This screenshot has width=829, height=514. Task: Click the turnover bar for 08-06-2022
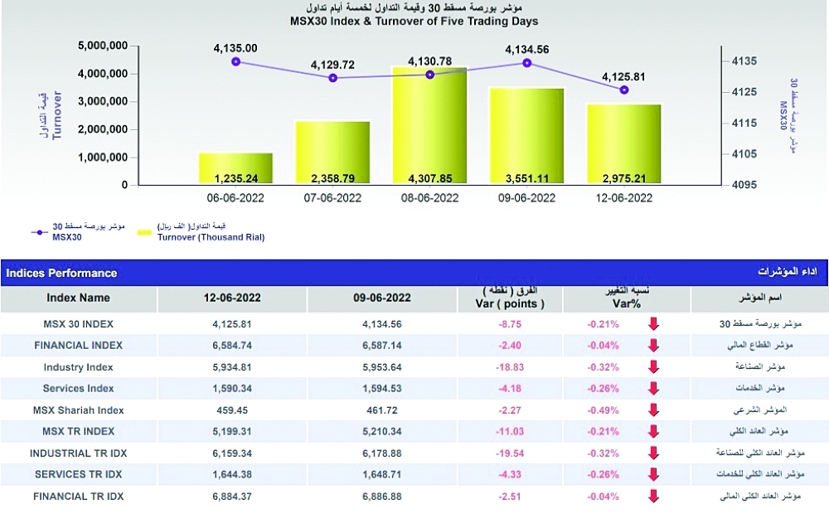(x=429, y=124)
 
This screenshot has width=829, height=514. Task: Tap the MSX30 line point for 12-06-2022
(x=624, y=90)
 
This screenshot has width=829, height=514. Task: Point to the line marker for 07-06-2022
(x=333, y=78)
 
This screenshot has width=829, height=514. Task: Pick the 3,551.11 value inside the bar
(x=527, y=177)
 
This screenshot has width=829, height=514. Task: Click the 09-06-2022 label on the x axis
(x=527, y=198)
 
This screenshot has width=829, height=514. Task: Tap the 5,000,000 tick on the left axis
(x=103, y=46)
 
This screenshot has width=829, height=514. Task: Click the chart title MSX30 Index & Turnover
(x=414, y=22)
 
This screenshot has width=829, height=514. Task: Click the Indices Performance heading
(x=62, y=273)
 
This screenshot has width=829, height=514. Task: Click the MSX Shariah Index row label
(x=78, y=410)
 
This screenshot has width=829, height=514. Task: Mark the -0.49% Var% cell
(x=603, y=410)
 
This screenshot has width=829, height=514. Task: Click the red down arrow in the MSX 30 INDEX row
(x=653, y=323)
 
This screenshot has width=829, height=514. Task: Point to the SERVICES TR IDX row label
(x=78, y=474)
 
